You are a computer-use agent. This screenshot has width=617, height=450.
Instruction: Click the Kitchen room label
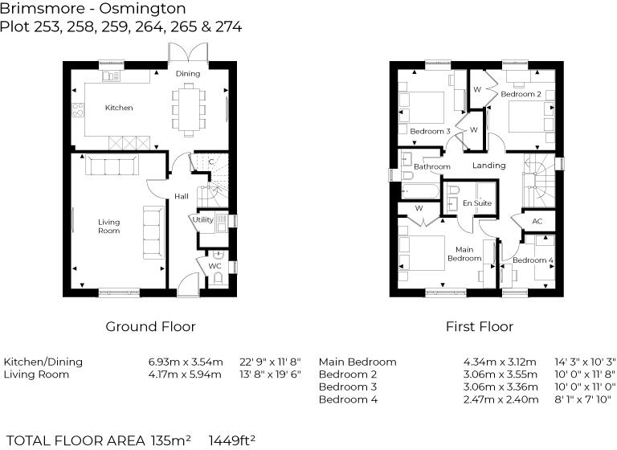click(x=119, y=108)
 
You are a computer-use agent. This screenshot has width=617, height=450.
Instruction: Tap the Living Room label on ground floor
click(x=109, y=226)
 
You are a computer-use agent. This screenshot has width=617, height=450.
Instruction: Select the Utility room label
click(x=202, y=219)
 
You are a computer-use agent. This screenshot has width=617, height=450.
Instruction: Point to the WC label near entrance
click(x=215, y=266)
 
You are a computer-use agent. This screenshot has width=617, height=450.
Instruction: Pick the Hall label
click(x=182, y=196)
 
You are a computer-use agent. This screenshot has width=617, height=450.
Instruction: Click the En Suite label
click(x=476, y=203)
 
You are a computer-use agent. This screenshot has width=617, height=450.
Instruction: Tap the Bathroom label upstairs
click(x=431, y=167)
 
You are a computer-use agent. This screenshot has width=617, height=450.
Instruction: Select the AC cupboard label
click(x=537, y=221)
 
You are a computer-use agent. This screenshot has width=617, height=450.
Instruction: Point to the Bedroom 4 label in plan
click(x=533, y=260)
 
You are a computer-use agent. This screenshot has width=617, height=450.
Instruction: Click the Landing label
click(x=488, y=166)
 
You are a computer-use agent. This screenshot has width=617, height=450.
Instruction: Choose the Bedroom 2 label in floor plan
click(x=521, y=94)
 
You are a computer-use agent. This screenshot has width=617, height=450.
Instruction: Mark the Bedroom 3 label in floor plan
click(x=430, y=131)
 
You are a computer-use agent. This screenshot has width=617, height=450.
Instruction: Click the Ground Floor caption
click(x=151, y=326)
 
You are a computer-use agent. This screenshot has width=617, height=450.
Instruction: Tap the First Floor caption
click(x=480, y=326)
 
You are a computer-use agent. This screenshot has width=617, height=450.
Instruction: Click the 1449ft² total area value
click(x=232, y=440)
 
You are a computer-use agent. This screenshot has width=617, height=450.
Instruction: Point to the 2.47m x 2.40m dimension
click(x=501, y=399)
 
